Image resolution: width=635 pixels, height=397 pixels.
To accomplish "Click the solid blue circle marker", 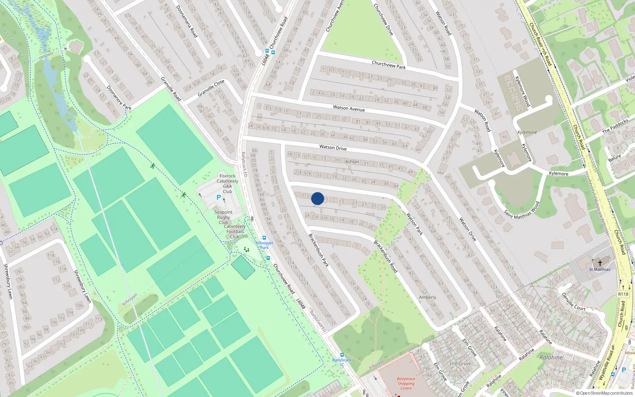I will tap(317, 198).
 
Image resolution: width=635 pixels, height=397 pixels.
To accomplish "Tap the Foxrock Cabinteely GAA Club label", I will tap(227, 183).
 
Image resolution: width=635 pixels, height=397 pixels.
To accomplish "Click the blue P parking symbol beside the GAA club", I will tap(218, 197).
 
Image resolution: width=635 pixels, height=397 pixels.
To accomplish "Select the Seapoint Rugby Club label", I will tap(223, 217).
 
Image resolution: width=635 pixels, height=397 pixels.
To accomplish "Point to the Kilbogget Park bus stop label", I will tap(264, 245).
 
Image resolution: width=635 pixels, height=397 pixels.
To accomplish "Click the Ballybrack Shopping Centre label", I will tap(406, 384).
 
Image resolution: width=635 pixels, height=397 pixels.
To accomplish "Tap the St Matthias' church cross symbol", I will tap(600, 263).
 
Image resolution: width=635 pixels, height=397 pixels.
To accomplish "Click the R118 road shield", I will tap(623, 294).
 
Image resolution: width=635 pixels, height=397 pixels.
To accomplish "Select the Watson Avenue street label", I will tap(349, 108).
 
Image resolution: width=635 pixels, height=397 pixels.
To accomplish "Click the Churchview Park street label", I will tap(389, 65).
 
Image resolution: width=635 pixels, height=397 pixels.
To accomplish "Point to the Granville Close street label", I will tap(211, 88).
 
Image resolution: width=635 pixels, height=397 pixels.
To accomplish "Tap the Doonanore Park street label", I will tap(119, 98).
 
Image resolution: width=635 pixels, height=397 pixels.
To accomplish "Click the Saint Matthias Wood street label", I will tap(522, 210).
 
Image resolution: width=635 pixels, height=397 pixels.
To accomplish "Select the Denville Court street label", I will tap(573, 302).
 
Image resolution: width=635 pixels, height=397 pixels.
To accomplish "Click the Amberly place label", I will tap(427, 297).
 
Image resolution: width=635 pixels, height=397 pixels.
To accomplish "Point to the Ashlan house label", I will tap(352, 162).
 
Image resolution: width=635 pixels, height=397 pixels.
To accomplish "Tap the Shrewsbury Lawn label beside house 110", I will tap(83, 287).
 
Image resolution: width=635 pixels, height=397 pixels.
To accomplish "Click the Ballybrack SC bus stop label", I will tap(342, 362).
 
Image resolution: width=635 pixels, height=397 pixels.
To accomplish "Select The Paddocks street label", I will tap(615, 126).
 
